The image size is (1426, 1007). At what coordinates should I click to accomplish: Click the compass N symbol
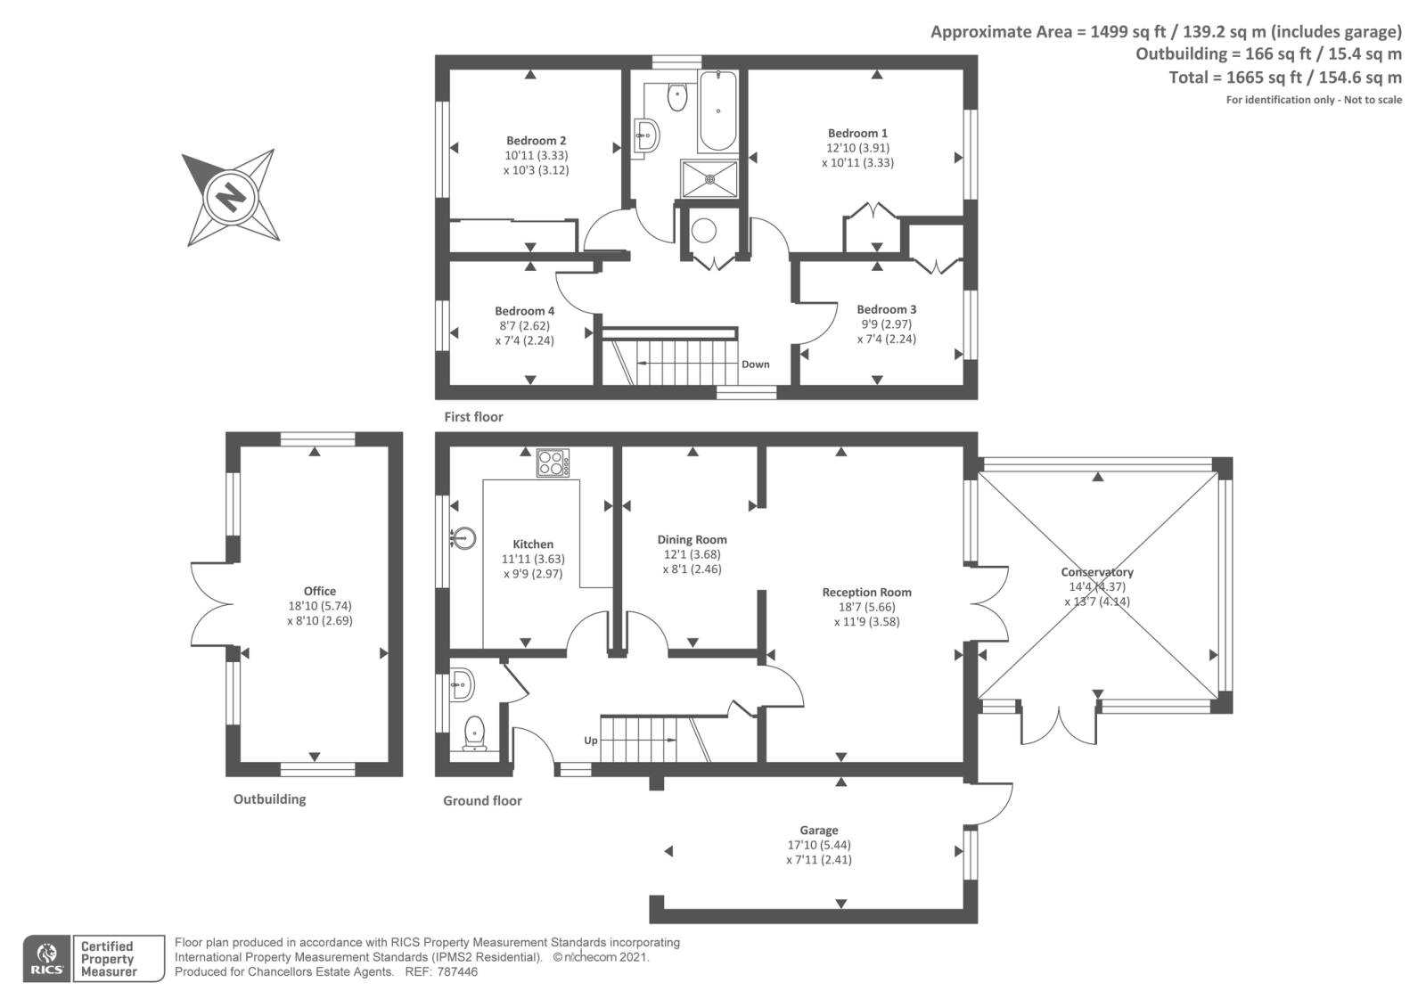click(x=231, y=197)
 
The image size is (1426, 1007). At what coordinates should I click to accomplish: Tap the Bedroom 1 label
click(x=857, y=133)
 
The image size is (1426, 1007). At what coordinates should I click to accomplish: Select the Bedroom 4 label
click(x=525, y=311)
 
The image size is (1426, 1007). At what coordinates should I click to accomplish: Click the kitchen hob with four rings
click(x=553, y=463)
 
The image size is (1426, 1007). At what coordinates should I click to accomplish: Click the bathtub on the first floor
click(x=717, y=111)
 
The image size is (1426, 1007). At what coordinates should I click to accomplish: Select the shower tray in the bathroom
click(x=709, y=179)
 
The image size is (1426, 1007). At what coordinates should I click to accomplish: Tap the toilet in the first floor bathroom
click(x=677, y=97)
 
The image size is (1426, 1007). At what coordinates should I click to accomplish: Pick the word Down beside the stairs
click(x=756, y=364)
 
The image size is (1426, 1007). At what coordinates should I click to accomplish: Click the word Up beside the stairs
click(x=591, y=741)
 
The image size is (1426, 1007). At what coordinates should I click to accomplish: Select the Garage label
click(x=819, y=830)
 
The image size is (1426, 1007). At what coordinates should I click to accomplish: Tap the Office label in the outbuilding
click(x=320, y=591)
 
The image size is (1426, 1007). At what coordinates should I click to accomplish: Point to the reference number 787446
click(x=457, y=972)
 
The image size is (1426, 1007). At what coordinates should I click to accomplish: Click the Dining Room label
click(x=692, y=539)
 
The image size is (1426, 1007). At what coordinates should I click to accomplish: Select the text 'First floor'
click(x=473, y=417)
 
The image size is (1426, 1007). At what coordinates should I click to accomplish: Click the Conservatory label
click(x=1097, y=572)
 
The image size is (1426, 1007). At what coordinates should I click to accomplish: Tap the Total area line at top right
click(x=1284, y=78)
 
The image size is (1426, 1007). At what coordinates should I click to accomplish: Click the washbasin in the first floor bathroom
click(x=647, y=135)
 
